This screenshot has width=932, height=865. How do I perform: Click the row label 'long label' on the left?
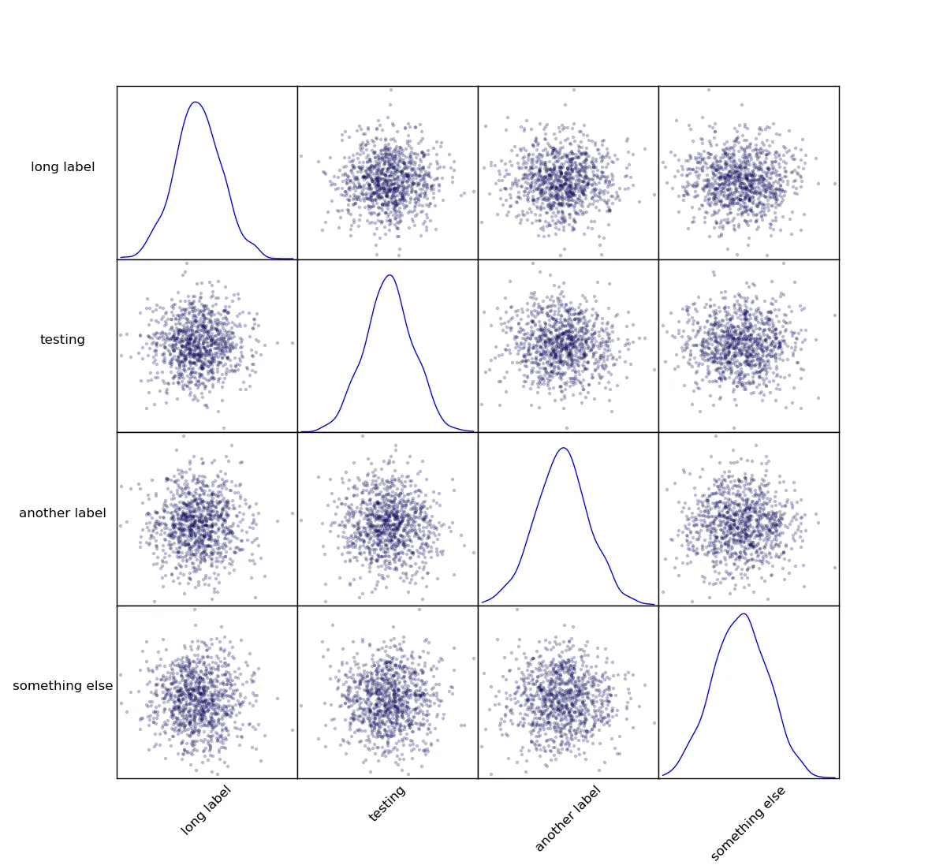[x=63, y=167]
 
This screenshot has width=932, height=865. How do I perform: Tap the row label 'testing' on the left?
[x=63, y=340]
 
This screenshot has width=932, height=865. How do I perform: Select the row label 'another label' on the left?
[x=63, y=513]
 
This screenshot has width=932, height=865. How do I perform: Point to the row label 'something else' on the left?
[x=63, y=686]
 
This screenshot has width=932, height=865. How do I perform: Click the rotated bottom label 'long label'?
[x=206, y=810]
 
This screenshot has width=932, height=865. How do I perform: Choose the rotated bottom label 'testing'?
[x=387, y=803]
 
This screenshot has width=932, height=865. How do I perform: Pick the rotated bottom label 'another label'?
[x=568, y=818]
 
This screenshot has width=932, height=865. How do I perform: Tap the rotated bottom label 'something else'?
[x=748, y=823]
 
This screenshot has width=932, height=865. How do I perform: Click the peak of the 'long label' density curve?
[x=196, y=102]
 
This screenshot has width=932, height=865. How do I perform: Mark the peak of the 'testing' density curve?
[x=390, y=275]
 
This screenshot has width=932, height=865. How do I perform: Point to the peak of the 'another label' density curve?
[x=564, y=448]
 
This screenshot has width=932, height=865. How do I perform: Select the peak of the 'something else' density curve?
[x=744, y=613]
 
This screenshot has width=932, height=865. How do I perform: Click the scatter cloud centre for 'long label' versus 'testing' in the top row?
[x=389, y=178]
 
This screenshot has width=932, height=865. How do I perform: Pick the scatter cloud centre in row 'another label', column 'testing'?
[x=387, y=521]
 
